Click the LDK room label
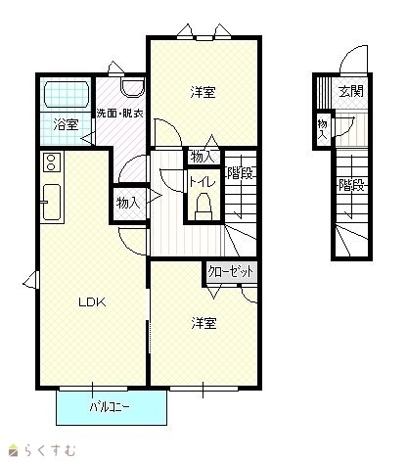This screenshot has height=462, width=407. click(x=92, y=302)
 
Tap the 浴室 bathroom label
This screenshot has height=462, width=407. click(x=66, y=124)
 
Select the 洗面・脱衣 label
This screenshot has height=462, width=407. click(x=120, y=114)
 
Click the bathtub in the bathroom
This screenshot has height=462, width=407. click(x=67, y=94)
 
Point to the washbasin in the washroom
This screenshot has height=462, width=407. click(x=132, y=87)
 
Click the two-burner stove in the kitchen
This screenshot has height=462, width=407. click(x=51, y=162)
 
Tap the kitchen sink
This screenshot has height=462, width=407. click(x=52, y=203)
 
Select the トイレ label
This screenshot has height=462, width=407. click(x=203, y=182)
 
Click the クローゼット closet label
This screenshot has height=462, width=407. click(x=231, y=271)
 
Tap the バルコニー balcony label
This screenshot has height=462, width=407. click(x=110, y=407)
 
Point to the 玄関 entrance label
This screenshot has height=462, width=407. click(x=351, y=91)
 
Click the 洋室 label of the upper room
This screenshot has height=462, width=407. click(x=203, y=92)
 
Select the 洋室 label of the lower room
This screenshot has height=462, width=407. click(x=203, y=323)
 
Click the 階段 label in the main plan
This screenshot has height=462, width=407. click(x=241, y=173)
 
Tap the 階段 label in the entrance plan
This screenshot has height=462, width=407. click(x=351, y=186)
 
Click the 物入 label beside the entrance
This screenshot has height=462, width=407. click(x=323, y=129)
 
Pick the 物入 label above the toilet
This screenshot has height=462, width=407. click(x=203, y=158)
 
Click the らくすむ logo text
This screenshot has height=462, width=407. click(x=50, y=450)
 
